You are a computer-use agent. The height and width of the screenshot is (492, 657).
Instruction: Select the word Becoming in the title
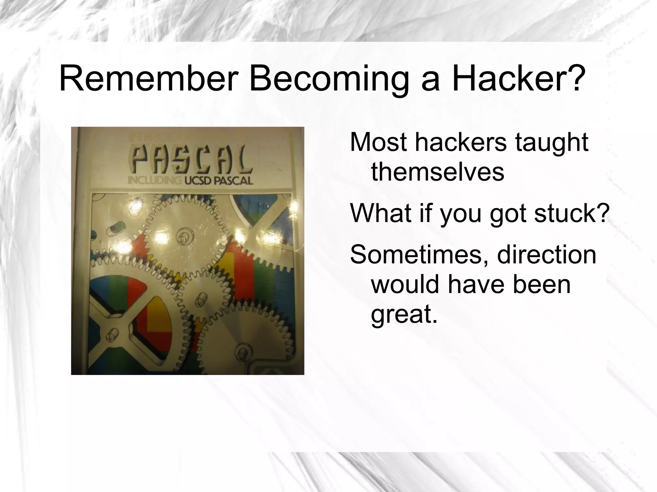pos(329,79)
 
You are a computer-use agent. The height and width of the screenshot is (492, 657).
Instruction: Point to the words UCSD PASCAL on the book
pos(218,181)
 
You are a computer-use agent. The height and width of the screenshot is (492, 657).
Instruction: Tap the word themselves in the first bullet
pos(438,172)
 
